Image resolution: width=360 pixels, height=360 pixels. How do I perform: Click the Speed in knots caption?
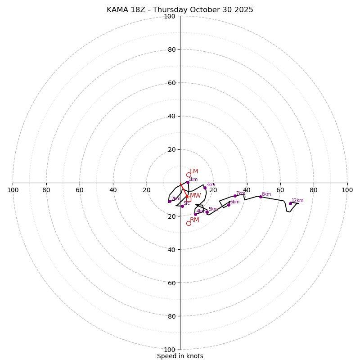pos(180,356)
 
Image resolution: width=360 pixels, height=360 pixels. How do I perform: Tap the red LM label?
pos(194,171)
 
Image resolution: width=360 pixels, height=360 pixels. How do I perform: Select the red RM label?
pos(194,220)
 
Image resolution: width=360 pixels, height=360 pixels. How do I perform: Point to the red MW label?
pos(195,196)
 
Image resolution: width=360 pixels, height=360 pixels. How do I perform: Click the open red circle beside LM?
pos(189,175)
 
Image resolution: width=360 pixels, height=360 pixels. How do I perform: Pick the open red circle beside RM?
pos(189,223)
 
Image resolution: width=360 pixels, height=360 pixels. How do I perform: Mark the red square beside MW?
pos(189,199)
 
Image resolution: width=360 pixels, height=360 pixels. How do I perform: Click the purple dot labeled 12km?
pos(290,203)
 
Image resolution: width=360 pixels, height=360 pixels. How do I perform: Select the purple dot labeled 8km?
pos(261,197)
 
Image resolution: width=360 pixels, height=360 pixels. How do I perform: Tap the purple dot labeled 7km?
pos(235,196)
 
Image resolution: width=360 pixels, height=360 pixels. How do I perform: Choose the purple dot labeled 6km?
pos(229,205)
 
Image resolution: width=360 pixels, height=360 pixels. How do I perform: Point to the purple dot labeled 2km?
pos(170,201)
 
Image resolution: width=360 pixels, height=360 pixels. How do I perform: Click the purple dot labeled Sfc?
pos(182,206)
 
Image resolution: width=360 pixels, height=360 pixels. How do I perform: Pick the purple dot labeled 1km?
pos(188,182)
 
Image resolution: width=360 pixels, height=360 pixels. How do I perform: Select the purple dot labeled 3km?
pos(205,188)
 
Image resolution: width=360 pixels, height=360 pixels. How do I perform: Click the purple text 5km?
pos(213,209)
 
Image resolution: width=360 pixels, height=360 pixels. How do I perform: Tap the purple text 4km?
pos(201,211)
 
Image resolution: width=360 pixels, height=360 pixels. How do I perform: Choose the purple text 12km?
pos(297,201)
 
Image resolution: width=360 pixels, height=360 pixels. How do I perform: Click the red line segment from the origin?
pos(184,189)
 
